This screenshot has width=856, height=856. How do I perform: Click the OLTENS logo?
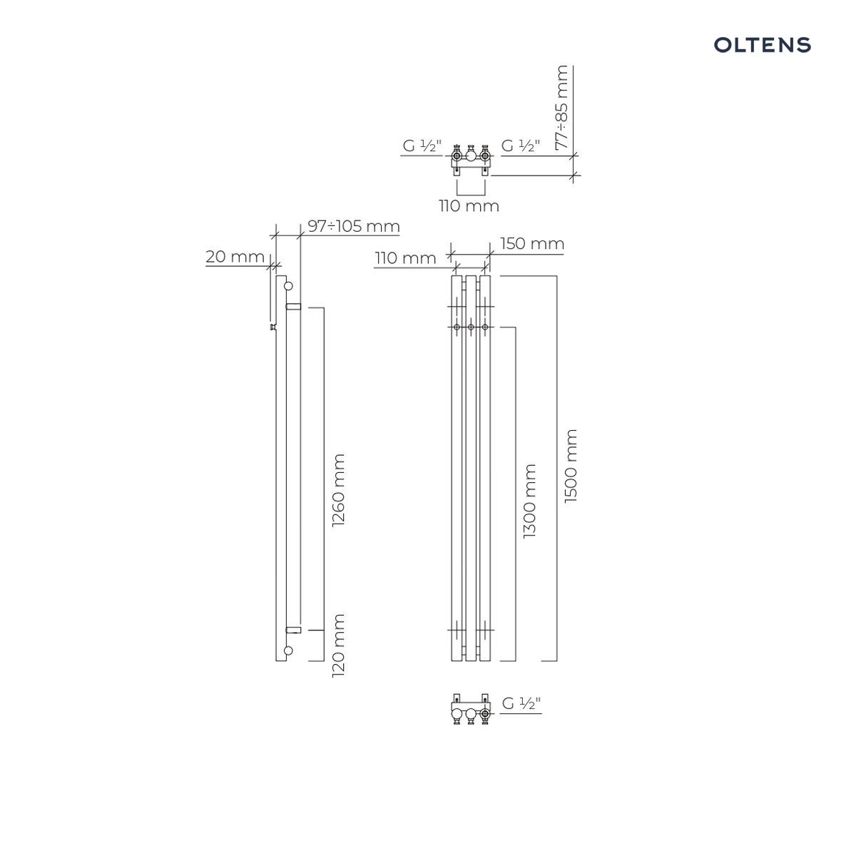(x=762, y=45)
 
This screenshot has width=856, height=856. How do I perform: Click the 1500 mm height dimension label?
(x=571, y=466)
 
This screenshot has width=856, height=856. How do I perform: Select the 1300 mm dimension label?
(x=529, y=501)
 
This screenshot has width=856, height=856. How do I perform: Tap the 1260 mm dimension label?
(x=339, y=490)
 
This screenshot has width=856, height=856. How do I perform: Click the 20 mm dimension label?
(x=235, y=257)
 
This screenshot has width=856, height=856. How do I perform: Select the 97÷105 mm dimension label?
(x=354, y=227)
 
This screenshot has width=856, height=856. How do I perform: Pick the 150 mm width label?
(x=532, y=244)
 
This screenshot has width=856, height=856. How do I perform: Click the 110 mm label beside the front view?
(x=406, y=258)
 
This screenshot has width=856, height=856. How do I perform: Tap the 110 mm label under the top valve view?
(x=469, y=206)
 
